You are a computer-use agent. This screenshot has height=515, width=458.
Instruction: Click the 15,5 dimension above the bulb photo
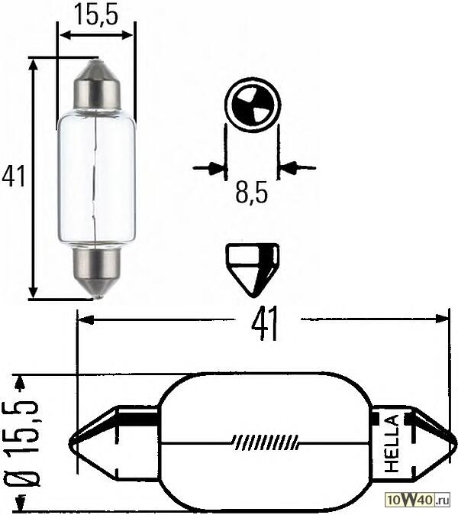96,15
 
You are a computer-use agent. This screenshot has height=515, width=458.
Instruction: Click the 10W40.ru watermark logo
419,500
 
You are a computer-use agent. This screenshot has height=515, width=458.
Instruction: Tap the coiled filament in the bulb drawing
263,442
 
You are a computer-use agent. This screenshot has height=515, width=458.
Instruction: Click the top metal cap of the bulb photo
97,86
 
